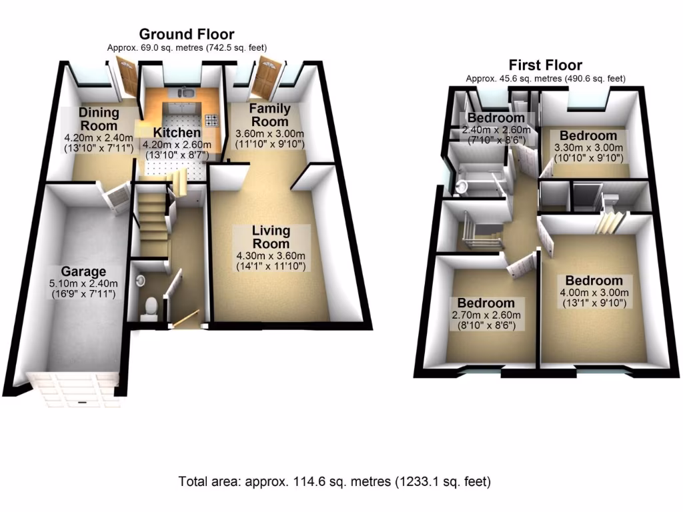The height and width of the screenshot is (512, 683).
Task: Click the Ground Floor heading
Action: pos(186,34)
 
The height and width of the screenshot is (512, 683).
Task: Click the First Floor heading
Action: pos(545,65)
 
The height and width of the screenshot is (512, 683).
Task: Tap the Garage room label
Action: pos(83,271)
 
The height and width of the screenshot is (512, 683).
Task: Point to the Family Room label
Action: pos(269,115)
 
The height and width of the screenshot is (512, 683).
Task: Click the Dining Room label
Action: pos(98,119)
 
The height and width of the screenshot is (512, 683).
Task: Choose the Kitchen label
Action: pos(177,133)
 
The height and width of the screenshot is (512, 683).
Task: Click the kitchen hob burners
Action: pos(212,121)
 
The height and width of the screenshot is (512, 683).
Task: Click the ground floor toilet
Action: pos(150,306)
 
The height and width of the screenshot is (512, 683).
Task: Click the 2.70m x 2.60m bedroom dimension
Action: pos(484,315)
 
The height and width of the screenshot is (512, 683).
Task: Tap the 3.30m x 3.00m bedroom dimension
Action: pos(587,148)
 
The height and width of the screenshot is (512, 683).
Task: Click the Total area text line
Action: pos(334,481)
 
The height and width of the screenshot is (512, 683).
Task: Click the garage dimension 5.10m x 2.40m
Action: pos(83,283)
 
